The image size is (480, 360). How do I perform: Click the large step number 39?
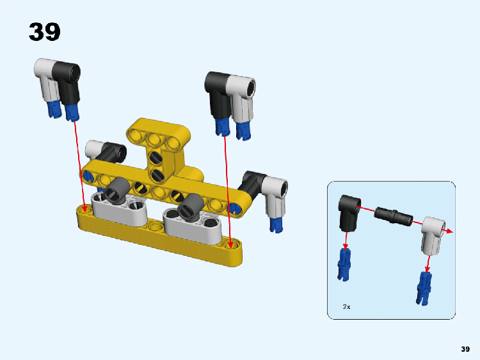[x=45, y=32]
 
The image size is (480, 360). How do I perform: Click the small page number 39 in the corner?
[x=465, y=349]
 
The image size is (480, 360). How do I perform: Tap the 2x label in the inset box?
[x=346, y=306]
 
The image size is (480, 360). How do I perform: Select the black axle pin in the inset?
[x=394, y=216]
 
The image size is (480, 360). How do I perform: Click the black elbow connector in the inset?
[x=349, y=212]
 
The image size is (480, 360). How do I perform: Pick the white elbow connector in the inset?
[x=433, y=235]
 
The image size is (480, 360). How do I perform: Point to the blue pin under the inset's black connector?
[x=344, y=265]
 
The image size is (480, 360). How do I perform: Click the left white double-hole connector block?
[x=120, y=210]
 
